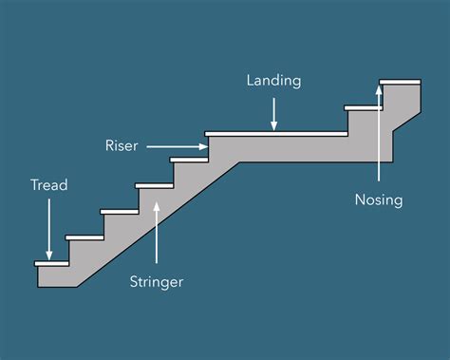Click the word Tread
coord(48,185)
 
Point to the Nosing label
coord(379,200)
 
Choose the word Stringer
coord(157,281)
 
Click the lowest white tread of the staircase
coord(51,262)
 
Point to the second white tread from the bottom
coord(84,237)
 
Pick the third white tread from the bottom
coord(119,211)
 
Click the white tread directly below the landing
coord(188,159)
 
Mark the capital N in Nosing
coord(360,200)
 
